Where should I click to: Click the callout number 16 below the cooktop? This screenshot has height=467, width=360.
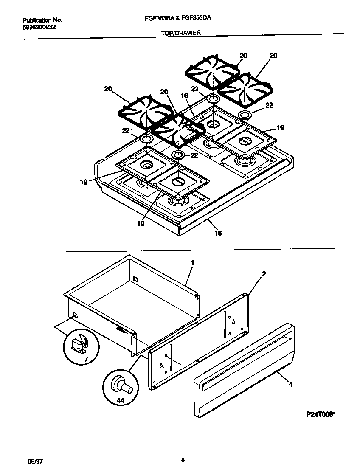point(218,233)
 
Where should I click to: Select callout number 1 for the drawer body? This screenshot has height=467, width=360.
point(192,263)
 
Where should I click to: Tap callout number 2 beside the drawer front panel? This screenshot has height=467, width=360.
point(264,274)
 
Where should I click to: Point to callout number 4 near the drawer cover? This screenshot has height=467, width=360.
point(291,385)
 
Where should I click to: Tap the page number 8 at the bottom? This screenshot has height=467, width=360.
point(182,459)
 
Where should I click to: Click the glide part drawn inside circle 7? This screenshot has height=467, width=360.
point(79,342)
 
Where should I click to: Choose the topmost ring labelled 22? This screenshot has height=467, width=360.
point(213,99)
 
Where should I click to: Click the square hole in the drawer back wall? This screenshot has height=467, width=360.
point(135,279)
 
